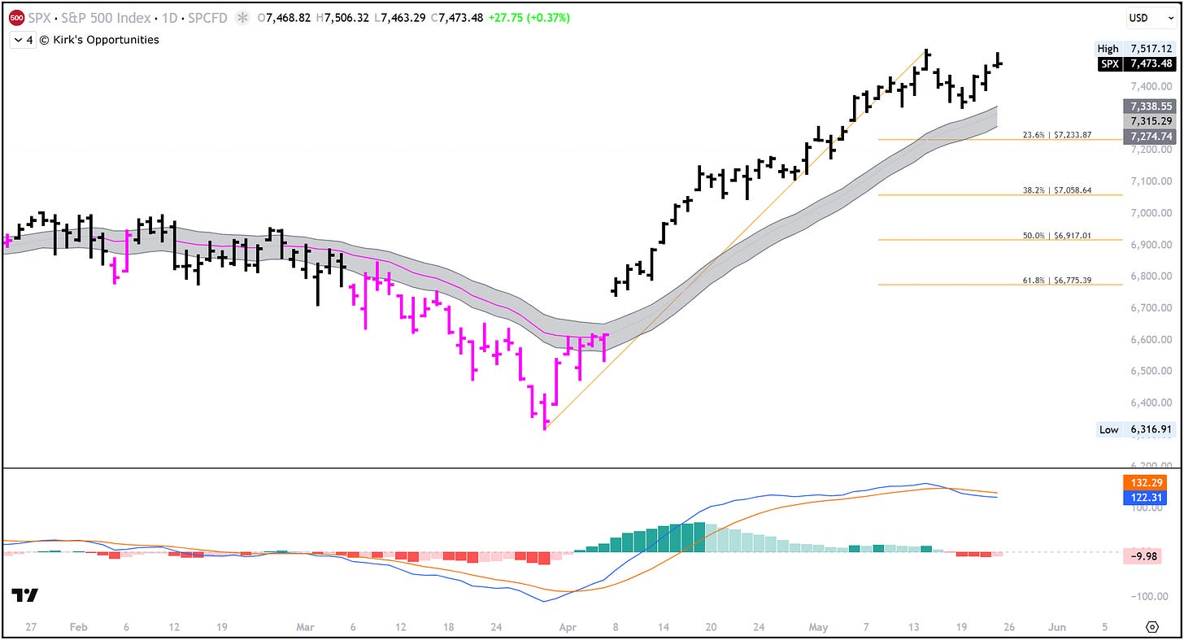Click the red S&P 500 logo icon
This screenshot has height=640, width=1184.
[17, 18]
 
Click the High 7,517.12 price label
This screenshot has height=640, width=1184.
[1135, 49]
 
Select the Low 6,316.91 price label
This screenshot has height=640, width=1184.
[1135, 429]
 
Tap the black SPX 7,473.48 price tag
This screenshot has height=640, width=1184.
[1137, 64]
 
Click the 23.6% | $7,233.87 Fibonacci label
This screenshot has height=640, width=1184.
[1056, 135]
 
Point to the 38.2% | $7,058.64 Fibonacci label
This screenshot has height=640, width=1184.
[1056, 190]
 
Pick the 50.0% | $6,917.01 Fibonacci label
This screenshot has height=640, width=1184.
[1056, 235]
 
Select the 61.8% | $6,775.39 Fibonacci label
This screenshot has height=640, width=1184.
[1056, 280]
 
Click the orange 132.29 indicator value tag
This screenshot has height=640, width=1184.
[1146, 482]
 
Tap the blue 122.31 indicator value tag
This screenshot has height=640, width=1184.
[1146, 498]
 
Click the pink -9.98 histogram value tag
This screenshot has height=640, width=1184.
[1143, 556]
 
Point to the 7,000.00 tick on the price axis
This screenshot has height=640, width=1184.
[1151, 212]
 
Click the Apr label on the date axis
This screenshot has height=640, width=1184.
[567, 627]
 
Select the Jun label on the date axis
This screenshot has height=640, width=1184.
[1056, 627]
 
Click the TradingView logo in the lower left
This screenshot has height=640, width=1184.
[25, 595]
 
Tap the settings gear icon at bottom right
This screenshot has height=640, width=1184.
[1151, 627]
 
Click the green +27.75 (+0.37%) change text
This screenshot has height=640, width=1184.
[529, 18]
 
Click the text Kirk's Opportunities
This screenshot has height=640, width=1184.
[106, 40]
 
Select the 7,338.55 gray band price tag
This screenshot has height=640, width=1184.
[1150, 107]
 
